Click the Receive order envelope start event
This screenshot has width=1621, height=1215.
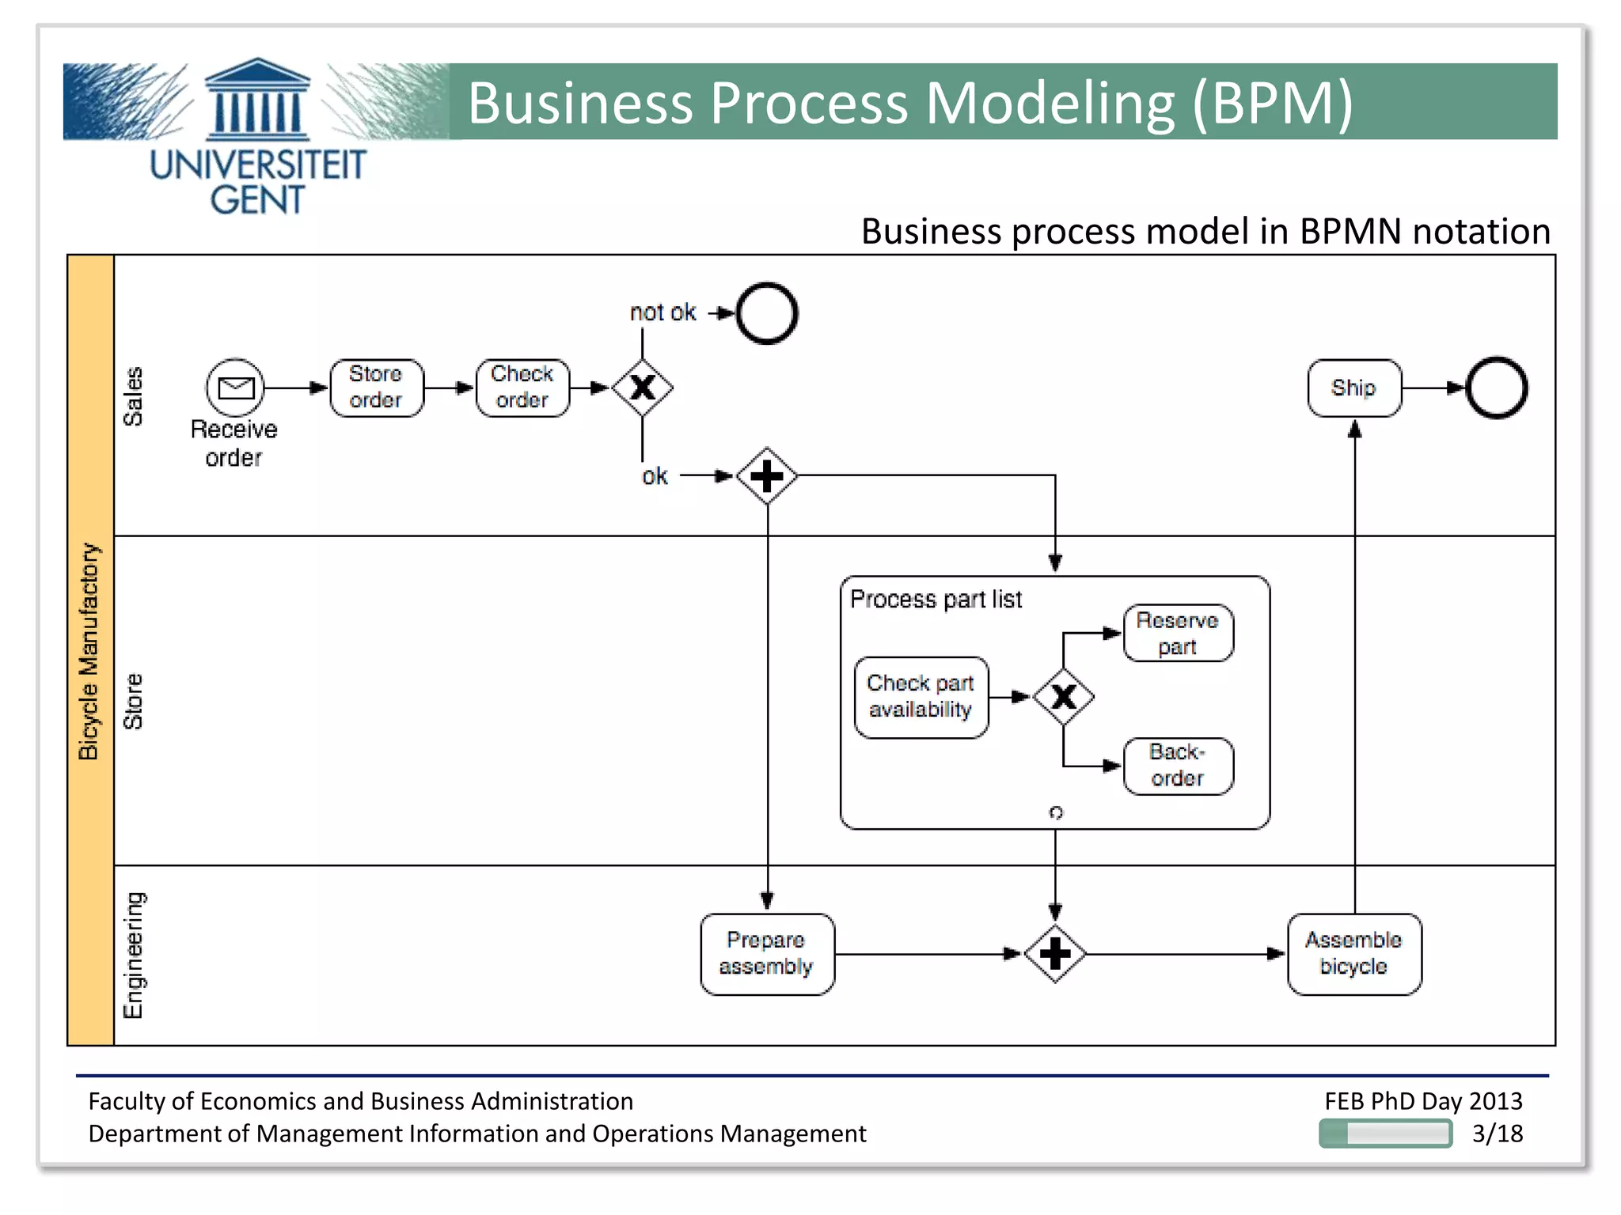(235, 388)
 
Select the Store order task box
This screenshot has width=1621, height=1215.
(376, 388)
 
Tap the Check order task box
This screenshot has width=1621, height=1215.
(522, 388)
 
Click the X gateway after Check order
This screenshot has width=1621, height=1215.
(642, 388)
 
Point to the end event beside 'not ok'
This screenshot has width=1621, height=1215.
(766, 313)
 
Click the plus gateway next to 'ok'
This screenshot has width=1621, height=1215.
(766, 476)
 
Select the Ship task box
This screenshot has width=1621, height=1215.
(1353, 388)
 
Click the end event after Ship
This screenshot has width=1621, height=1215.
(1496, 388)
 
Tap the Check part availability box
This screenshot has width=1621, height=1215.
(921, 697)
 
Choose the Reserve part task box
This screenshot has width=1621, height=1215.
(1178, 633)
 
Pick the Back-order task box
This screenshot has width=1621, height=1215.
(1178, 766)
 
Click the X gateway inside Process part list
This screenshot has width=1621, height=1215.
(1063, 697)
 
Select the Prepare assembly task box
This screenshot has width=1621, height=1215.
(766, 954)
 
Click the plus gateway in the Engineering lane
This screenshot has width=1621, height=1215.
(1055, 954)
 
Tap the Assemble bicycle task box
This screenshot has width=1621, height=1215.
(1353, 954)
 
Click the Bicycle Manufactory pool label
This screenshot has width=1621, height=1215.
(89, 650)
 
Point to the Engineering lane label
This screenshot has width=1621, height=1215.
(134, 956)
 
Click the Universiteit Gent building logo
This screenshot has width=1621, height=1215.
(256, 99)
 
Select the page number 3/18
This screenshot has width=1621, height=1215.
(1497, 1134)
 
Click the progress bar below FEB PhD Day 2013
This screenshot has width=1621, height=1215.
(1385, 1134)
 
